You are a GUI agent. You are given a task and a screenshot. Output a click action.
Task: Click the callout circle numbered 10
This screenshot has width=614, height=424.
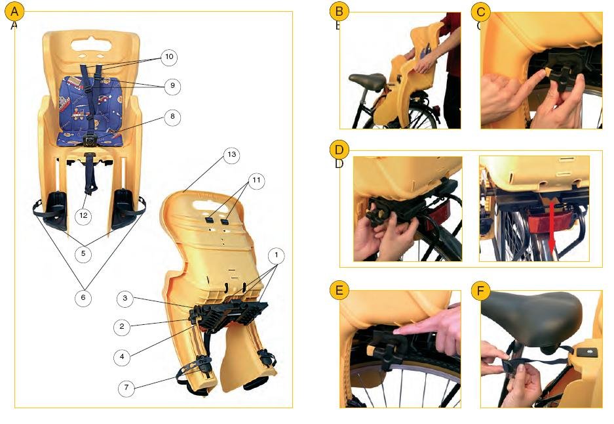(169, 57)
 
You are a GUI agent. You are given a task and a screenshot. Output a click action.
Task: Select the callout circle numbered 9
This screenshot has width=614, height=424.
(173, 86)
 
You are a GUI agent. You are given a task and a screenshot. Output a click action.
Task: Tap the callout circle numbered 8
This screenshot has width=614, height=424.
(173, 117)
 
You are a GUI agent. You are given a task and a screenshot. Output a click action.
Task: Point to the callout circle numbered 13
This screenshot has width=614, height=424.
(231, 154)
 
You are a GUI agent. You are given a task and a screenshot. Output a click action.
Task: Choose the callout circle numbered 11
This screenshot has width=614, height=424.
(256, 180)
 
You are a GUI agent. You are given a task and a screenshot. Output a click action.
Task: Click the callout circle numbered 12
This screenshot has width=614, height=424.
(83, 216)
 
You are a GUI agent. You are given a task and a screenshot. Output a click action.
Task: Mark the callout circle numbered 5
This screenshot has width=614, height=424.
(83, 254)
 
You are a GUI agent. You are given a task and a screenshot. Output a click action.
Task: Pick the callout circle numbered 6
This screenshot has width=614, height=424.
(83, 298)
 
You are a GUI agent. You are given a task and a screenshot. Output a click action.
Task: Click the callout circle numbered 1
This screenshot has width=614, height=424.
(277, 255)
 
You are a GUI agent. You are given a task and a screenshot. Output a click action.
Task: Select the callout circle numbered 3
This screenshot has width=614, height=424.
(125, 299)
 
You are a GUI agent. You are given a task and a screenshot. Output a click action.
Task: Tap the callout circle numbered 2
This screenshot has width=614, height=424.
(122, 327)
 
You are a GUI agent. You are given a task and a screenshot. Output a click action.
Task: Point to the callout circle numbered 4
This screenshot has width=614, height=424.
(122, 357)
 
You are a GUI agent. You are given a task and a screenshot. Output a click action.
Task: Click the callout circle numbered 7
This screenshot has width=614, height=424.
(126, 388)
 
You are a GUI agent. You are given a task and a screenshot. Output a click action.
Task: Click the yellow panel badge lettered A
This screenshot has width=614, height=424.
(14, 12)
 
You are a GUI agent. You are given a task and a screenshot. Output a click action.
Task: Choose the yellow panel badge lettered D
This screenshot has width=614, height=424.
(339, 150)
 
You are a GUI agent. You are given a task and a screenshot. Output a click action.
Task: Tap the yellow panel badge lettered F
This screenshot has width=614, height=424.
(481, 291)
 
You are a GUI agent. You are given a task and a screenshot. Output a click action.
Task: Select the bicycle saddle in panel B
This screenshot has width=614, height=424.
(368, 81)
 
